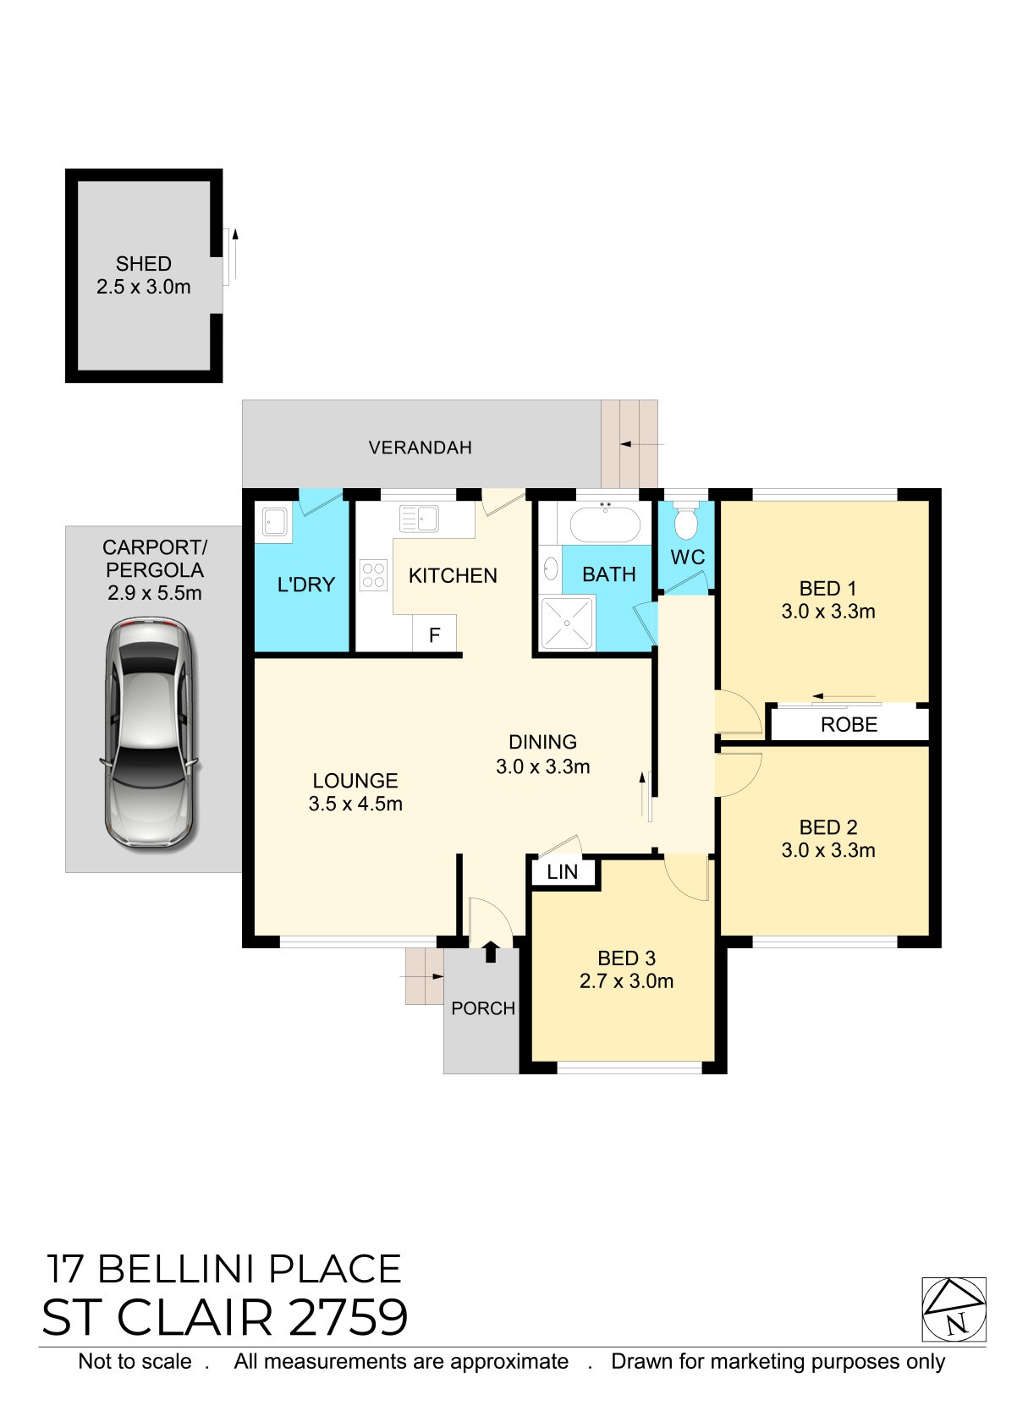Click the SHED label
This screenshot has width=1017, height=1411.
click(144, 263)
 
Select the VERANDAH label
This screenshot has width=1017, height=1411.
click(420, 447)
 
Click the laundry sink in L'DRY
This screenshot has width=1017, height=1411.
click(274, 522)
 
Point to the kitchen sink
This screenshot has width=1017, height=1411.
click(419, 519)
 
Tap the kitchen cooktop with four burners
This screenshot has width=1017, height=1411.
click(373, 576)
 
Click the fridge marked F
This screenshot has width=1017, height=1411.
click(434, 634)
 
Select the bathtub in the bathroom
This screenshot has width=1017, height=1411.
click(606, 524)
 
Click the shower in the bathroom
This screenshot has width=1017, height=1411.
click(567, 623)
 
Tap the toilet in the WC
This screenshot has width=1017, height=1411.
click(685, 519)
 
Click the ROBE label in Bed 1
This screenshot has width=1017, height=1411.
click(849, 724)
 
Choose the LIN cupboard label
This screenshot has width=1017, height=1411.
click(562, 872)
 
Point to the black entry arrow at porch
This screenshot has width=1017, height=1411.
click(490, 952)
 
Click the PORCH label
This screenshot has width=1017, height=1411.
click(483, 1008)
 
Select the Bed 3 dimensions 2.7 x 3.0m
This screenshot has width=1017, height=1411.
click(626, 980)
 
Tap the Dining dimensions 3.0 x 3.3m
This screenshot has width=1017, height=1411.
click(542, 766)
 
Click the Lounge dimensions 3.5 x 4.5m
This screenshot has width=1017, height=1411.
click(355, 804)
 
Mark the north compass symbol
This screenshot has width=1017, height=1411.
click(954, 1309)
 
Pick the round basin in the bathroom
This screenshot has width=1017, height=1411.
click(551, 568)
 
